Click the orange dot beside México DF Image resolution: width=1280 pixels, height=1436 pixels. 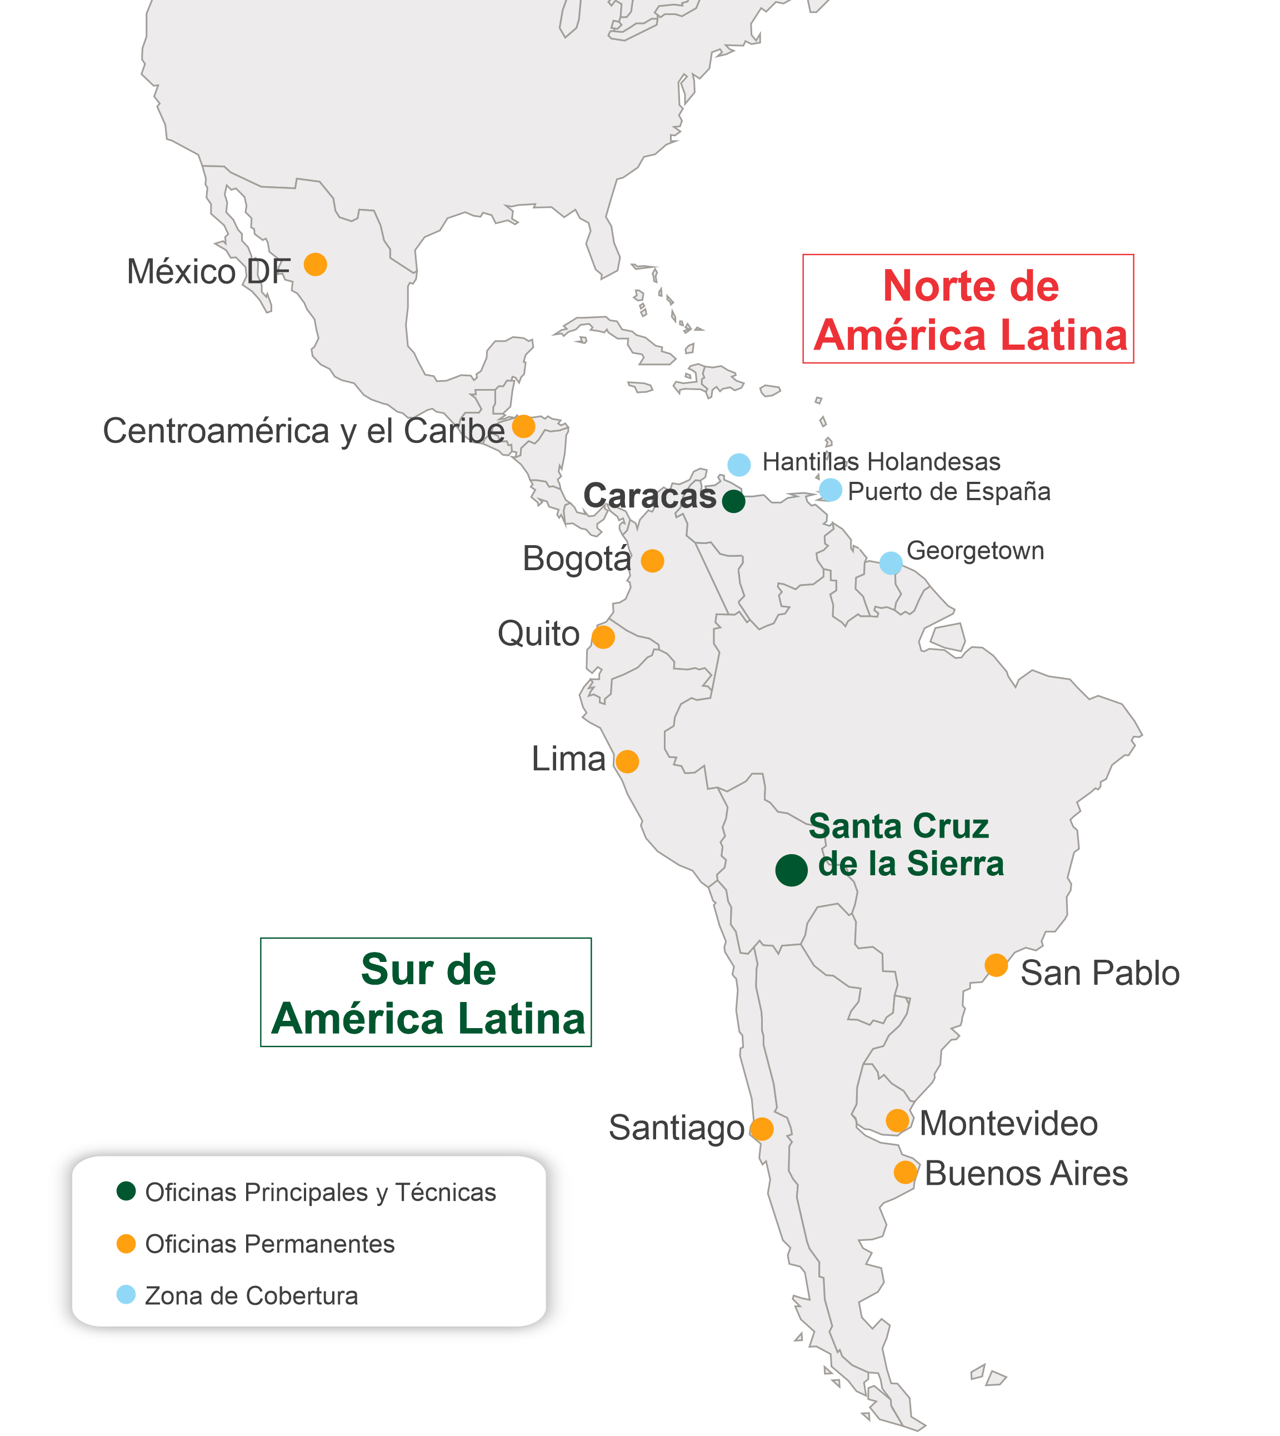pyautogui.click(x=315, y=265)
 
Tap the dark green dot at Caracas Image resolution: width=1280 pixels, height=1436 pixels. pyautogui.click(x=733, y=501)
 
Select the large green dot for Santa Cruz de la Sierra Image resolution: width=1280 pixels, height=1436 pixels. pyautogui.click(x=791, y=870)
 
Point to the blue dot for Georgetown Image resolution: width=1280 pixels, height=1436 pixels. pyautogui.click(x=891, y=563)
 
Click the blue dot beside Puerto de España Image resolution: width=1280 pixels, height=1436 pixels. pyautogui.click(x=831, y=490)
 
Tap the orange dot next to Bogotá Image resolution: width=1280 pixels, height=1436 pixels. pyautogui.click(x=653, y=561)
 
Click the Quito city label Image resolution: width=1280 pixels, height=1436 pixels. pyautogui.click(x=539, y=634)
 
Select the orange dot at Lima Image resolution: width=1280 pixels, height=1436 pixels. pyautogui.click(x=627, y=761)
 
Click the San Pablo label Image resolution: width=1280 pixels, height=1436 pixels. pyautogui.click(x=1100, y=974)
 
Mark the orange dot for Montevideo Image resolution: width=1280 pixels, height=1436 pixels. pyautogui.click(x=897, y=1121)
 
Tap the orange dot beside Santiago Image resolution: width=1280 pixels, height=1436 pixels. pyautogui.click(x=762, y=1129)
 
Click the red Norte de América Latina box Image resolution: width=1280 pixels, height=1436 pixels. pyautogui.click(x=968, y=309)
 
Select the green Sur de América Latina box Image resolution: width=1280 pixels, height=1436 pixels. pyautogui.click(x=426, y=993)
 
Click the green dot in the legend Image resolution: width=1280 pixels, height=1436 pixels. pyautogui.click(x=126, y=1191)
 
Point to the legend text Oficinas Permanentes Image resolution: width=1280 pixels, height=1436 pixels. pyautogui.click(x=270, y=1244)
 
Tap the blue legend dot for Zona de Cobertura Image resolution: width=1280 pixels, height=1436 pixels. pyautogui.click(x=126, y=1295)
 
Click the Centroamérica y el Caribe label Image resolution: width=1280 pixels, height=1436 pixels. pyautogui.click(x=304, y=431)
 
